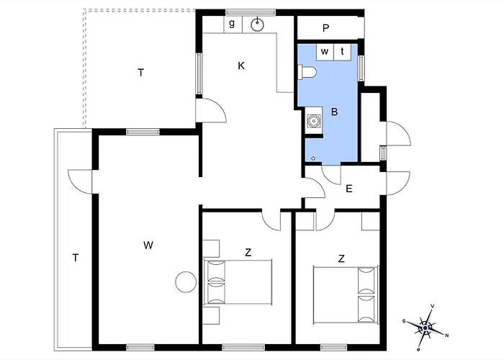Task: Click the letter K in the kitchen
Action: [241, 66]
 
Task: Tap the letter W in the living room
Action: [148, 246]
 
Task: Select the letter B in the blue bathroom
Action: [334, 112]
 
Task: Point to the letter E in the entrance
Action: [349, 189]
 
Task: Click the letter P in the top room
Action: [326, 28]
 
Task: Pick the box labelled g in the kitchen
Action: [233, 24]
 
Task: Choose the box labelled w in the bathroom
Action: [325, 52]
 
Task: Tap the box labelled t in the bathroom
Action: [343, 52]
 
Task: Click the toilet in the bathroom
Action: [307, 72]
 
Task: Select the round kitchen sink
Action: [257, 24]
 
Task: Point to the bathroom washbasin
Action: [313, 121]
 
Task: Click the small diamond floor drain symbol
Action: [313, 158]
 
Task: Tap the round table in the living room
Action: [186, 282]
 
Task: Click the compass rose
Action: [426, 328]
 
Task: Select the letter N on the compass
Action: [447, 336]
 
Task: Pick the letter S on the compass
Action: [404, 321]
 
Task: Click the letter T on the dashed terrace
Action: [141, 73]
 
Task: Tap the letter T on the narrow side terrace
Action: [76, 258]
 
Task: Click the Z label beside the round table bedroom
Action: [248, 253]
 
